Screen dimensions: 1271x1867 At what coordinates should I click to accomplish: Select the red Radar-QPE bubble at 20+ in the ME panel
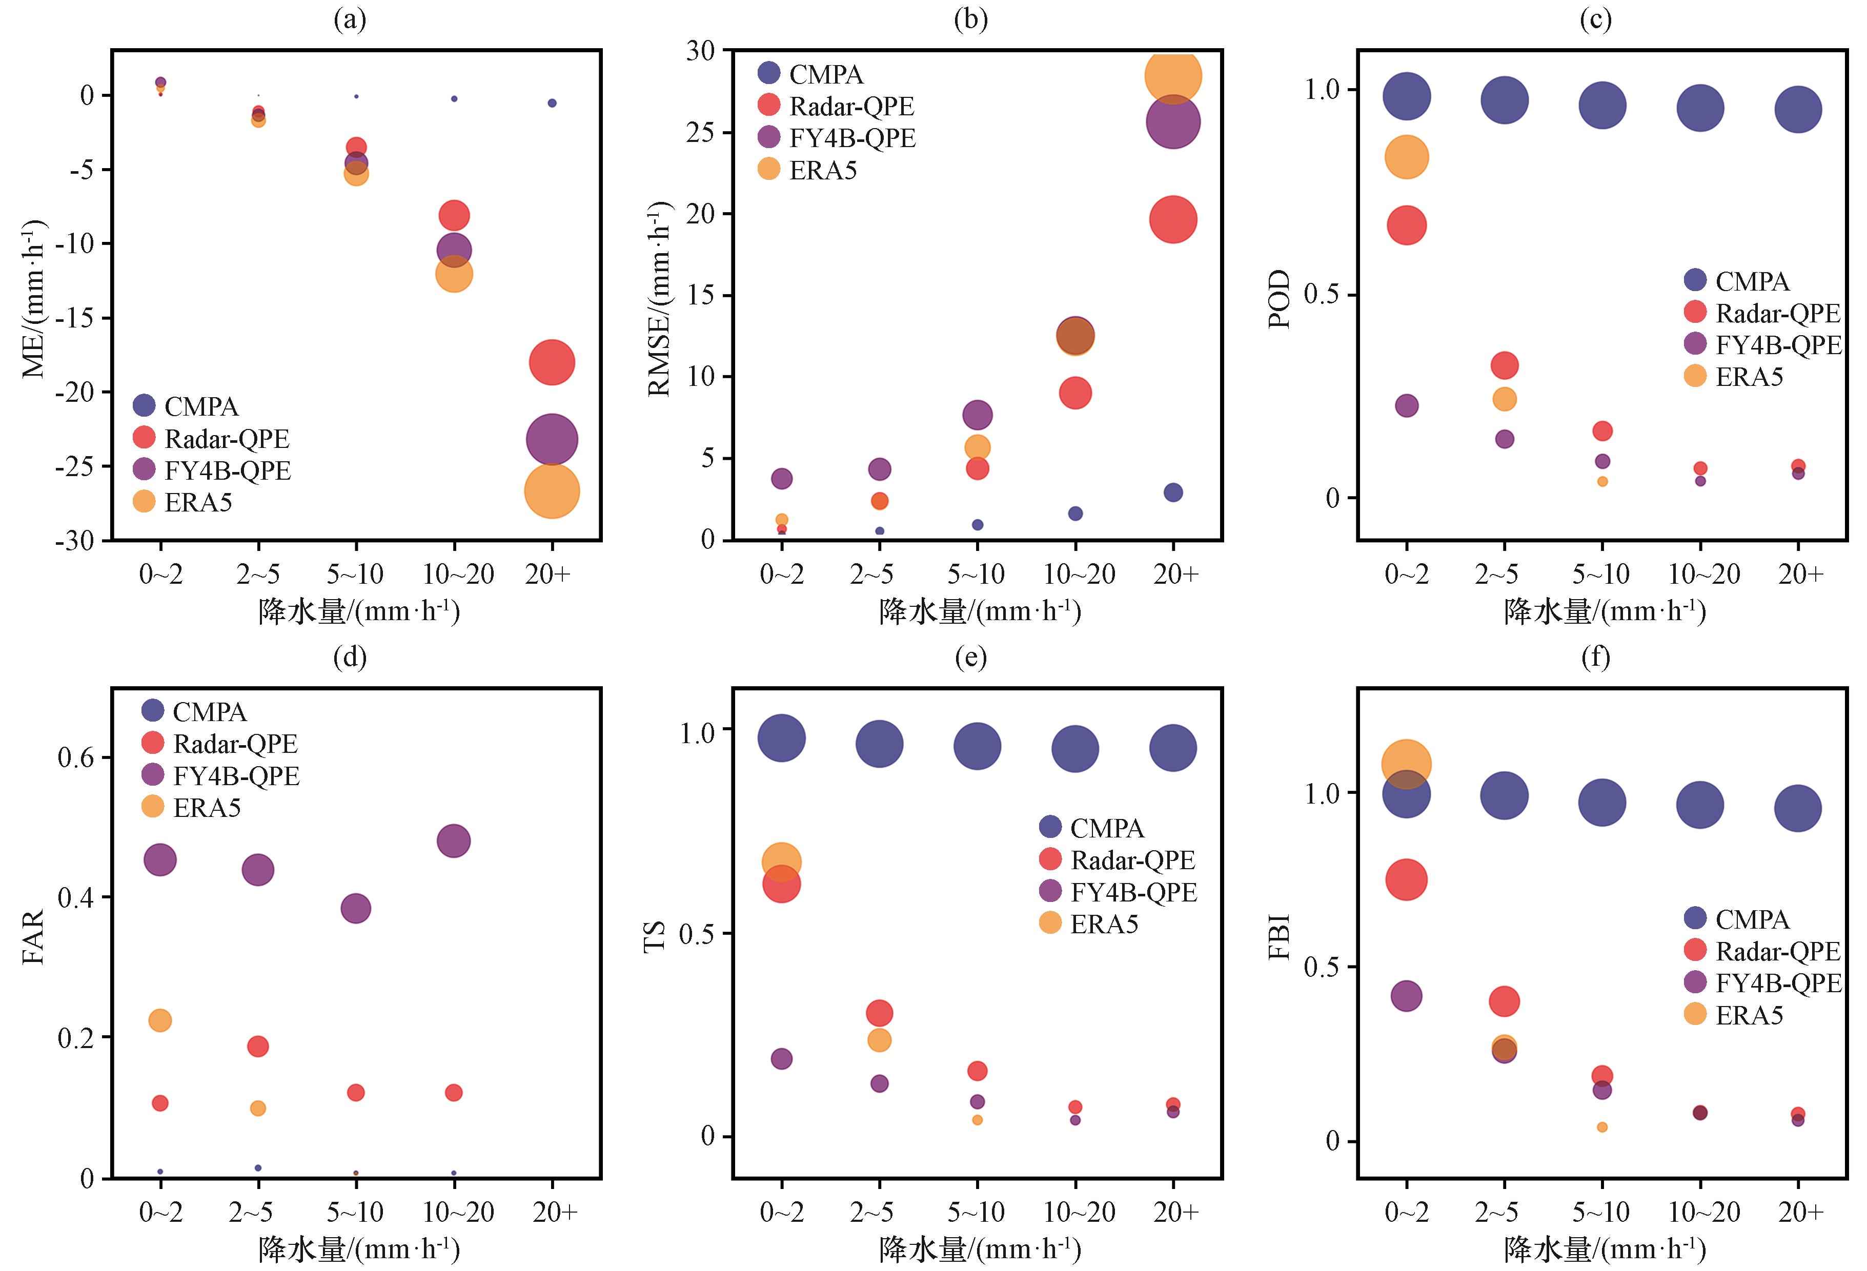(x=551, y=362)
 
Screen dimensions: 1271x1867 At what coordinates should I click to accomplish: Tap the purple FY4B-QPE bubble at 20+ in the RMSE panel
(x=1173, y=122)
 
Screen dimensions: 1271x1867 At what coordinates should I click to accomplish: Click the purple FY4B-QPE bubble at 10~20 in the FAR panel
(x=454, y=840)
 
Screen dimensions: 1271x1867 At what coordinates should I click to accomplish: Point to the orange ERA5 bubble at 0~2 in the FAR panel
(x=160, y=1020)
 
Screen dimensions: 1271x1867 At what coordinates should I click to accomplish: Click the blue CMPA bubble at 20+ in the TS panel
(x=1173, y=748)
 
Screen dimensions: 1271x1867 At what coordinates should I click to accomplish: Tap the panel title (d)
(x=350, y=657)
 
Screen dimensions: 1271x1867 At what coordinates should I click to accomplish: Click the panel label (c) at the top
(x=1595, y=20)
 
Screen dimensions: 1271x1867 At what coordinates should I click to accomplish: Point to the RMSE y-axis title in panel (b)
(x=659, y=299)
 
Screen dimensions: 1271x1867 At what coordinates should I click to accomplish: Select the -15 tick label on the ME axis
(x=74, y=318)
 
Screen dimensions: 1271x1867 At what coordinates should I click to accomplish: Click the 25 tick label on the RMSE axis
(x=701, y=132)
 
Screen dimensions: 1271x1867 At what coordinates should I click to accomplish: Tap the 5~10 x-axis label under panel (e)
(x=976, y=1212)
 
